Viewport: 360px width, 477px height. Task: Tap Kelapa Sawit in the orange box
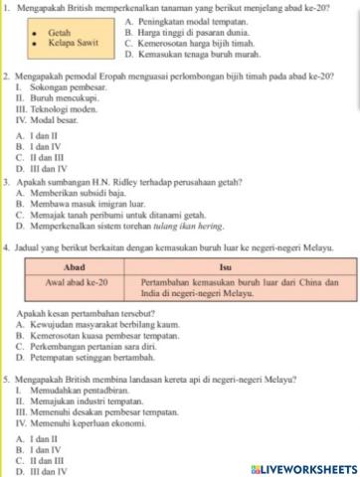72,44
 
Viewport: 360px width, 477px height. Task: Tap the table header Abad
74,267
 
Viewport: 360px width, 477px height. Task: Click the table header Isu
224,267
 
